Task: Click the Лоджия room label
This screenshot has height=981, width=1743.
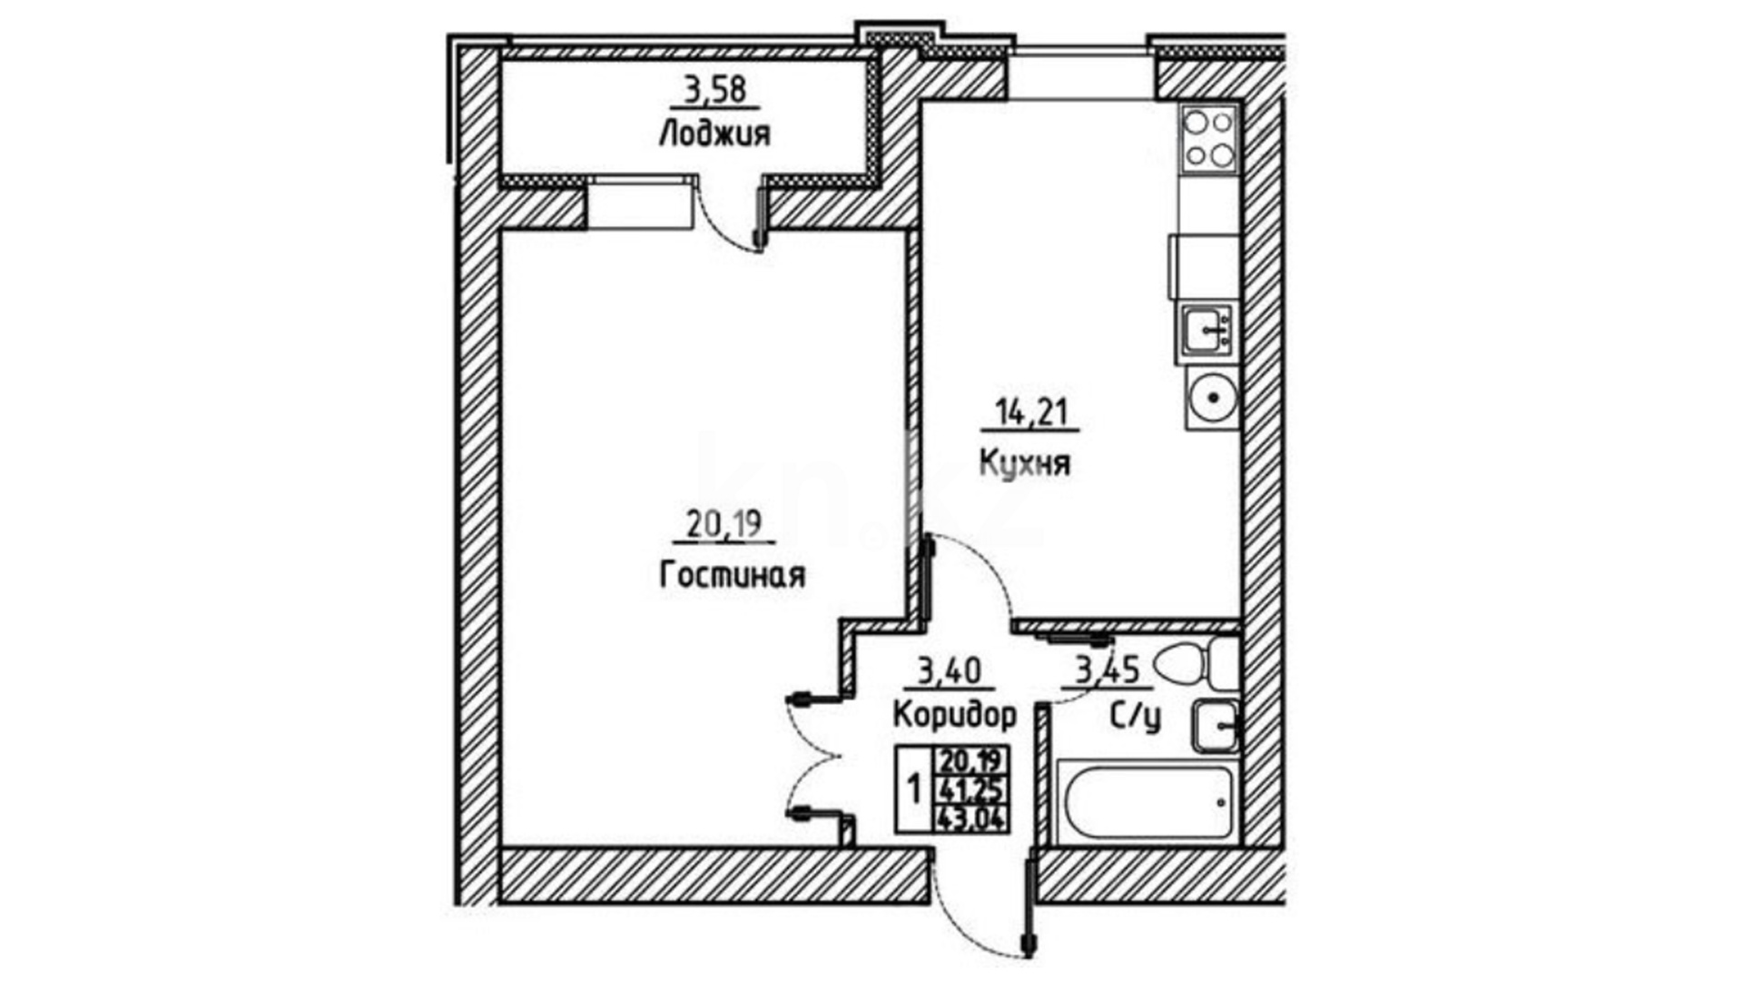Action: point(714,134)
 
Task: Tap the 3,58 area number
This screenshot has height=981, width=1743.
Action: point(714,90)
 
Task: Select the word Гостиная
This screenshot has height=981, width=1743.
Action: point(732,575)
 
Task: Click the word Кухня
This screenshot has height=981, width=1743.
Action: point(1025,463)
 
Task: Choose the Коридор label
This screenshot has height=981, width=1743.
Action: point(954,715)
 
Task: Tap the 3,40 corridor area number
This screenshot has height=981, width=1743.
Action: point(950,672)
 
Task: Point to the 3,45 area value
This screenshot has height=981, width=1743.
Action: point(1107,672)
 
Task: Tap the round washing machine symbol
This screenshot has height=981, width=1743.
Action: point(1211,398)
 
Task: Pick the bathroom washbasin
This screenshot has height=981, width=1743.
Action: point(1215,726)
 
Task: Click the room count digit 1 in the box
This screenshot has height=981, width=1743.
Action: point(914,788)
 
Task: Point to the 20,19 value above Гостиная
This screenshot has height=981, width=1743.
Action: point(724,525)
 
